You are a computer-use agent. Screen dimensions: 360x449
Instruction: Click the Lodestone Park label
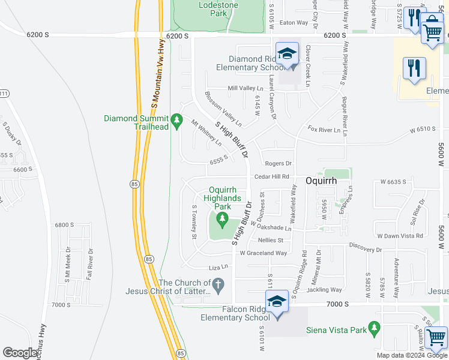tap(218, 10)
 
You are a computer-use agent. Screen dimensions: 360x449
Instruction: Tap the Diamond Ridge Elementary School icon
tap(288, 53)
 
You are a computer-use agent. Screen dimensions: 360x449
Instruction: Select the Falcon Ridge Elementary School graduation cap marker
tap(277, 301)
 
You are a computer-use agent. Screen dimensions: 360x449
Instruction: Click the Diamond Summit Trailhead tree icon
tap(176, 121)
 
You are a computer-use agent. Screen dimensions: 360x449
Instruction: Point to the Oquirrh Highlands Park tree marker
tap(223, 218)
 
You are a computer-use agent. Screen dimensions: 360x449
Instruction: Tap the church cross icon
tap(219, 285)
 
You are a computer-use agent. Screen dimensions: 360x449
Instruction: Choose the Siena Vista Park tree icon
tap(375, 328)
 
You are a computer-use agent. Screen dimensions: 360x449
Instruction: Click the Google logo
tap(20, 353)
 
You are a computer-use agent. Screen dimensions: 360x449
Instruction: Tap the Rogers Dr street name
tap(278, 163)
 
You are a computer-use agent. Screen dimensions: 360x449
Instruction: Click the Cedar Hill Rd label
tap(272, 176)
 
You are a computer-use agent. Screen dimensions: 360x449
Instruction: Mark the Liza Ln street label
tap(218, 267)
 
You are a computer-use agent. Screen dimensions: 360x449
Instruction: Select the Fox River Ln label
tap(324, 130)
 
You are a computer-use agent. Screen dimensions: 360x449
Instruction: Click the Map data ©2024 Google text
tap(411, 355)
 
